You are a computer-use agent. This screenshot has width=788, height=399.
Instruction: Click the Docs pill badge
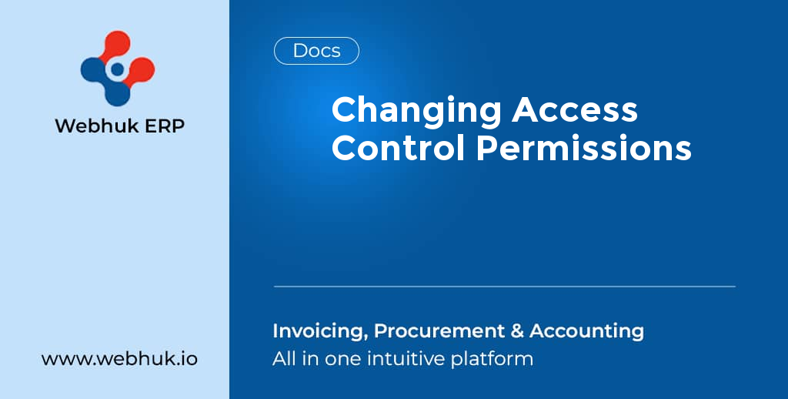click(316, 51)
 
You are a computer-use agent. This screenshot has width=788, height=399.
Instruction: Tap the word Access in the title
click(575, 109)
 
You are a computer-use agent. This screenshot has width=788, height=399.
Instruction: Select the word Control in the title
click(399, 147)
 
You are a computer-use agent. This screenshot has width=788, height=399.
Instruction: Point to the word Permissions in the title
click(583, 147)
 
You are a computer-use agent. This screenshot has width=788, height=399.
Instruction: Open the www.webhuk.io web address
click(119, 359)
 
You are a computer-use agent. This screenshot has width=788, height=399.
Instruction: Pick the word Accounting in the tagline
click(586, 331)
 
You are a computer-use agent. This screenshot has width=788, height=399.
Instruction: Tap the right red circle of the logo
click(141, 70)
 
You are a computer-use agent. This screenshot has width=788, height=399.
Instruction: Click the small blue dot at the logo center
click(117, 70)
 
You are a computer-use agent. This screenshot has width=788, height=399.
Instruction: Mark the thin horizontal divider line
click(504, 287)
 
